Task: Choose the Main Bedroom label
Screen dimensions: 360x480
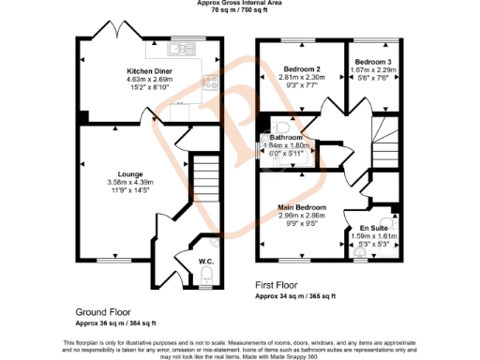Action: click(x=301, y=206)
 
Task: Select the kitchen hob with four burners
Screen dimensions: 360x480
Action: click(x=213, y=82)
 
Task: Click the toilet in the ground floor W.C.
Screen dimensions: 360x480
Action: click(x=207, y=276)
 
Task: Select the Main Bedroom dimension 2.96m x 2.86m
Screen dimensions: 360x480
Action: click(x=301, y=216)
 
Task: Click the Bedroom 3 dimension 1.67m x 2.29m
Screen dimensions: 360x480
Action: click(x=372, y=70)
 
